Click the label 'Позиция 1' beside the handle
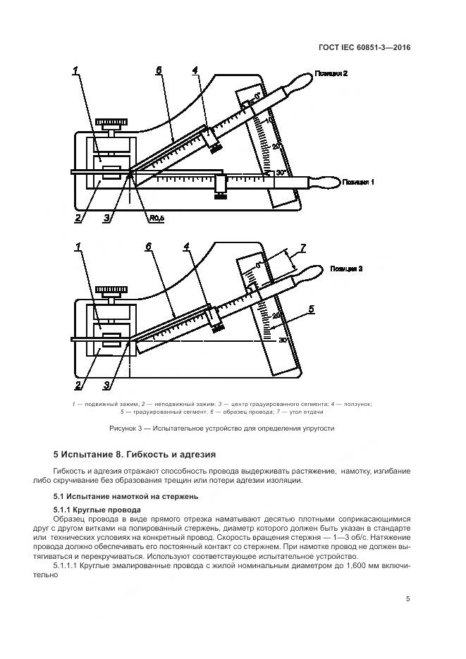357,182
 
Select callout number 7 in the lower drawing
302,247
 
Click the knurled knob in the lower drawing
112,289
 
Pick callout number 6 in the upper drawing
159,70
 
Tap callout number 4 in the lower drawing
187,247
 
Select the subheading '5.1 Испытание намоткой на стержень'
118,498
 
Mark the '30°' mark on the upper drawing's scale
280,172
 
